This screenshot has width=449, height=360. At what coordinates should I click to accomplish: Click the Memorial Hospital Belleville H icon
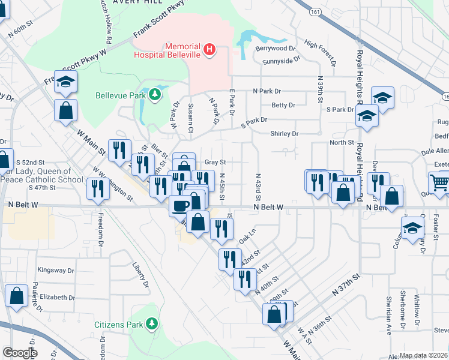click(x=209, y=49)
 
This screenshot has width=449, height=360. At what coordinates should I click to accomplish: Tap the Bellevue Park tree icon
click(x=155, y=95)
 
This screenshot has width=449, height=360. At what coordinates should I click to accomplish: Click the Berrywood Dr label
click(x=276, y=48)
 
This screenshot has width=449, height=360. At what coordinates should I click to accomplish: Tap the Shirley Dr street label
click(x=285, y=134)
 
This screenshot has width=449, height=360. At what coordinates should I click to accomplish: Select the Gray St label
click(x=215, y=162)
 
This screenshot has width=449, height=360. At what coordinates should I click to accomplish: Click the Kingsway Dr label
click(x=55, y=271)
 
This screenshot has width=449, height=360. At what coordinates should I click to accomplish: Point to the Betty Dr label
click(x=283, y=105)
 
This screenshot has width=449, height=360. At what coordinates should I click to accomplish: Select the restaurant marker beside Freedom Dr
click(x=97, y=188)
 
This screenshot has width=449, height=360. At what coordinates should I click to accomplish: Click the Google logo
click(x=20, y=353)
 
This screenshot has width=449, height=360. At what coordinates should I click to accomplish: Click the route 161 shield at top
click(x=316, y=11)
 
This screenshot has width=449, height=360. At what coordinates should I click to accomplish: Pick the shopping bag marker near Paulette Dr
click(x=16, y=296)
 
